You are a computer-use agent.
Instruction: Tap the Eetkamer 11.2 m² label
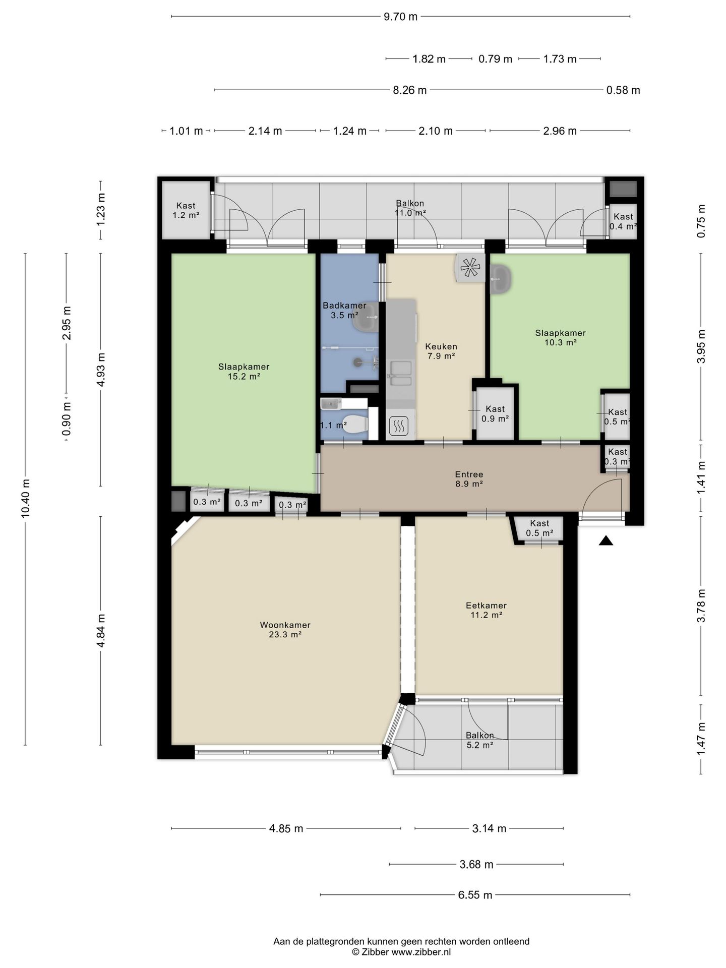click(486, 610)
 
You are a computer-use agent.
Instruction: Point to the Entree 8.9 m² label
click(469, 479)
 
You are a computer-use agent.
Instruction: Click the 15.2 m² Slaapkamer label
click(244, 371)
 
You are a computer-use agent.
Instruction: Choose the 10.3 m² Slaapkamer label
click(560, 337)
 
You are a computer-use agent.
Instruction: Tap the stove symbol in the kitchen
click(398, 427)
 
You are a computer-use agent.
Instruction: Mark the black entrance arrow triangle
click(606, 541)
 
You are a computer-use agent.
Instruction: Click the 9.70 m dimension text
click(401, 17)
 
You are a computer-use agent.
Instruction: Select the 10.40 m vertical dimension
click(26, 498)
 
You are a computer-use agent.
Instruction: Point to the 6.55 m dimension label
click(475, 895)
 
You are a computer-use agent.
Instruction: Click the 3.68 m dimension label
click(476, 865)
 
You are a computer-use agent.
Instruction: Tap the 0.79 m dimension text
click(495, 59)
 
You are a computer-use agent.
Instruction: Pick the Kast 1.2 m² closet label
click(186, 210)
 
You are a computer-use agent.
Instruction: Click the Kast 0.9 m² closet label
click(495, 413)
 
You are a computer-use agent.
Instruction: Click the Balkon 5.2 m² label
click(479, 740)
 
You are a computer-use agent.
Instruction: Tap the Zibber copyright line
click(401, 952)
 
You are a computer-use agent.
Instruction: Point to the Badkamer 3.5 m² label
click(344, 310)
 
